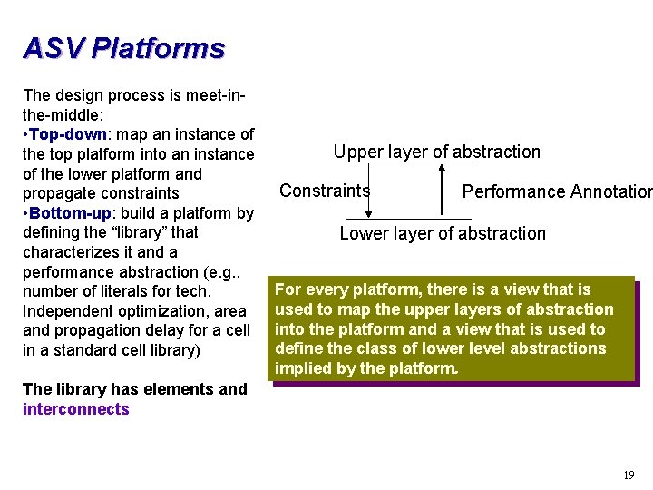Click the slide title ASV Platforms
pyautogui.click(x=123, y=47)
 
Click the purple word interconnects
pyautogui.click(x=76, y=409)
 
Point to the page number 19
pyautogui.click(x=629, y=475)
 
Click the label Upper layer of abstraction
pyautogui.click(x=436, y=152)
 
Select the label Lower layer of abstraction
pyautogui.click(x=443, y=233)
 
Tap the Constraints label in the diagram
pyautogui.click(x=325, y=191)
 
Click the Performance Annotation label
pyautogui.click(x=556, y=191)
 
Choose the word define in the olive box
pyautogui.click(x=297, y=348)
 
